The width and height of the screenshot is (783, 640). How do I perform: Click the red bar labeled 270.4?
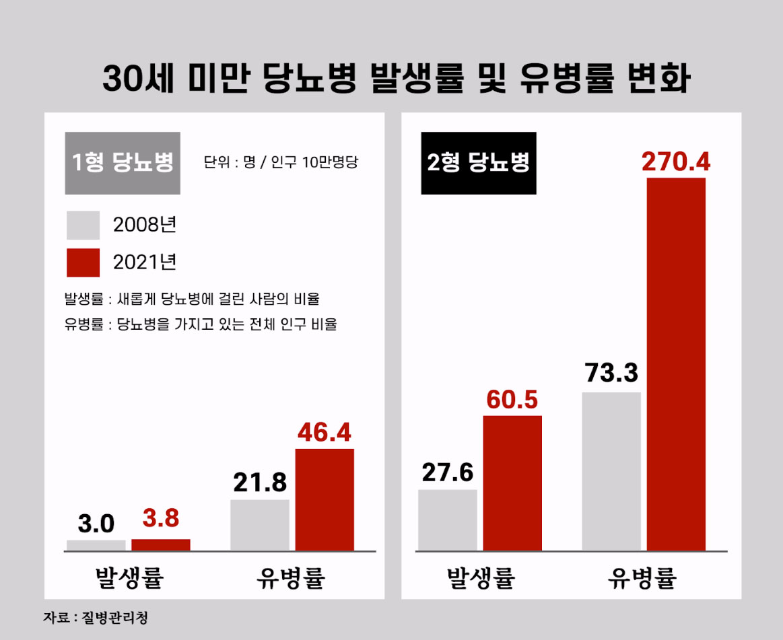point(676,364)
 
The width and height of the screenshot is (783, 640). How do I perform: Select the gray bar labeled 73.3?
point(611,471)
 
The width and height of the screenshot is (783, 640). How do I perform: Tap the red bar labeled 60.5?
point(512,483)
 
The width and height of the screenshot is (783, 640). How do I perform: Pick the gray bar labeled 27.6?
point(448,520)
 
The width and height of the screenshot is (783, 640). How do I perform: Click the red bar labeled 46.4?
point(325,499)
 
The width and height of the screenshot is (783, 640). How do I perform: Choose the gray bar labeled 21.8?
point(260,525)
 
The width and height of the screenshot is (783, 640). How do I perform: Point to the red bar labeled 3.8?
point(161,545)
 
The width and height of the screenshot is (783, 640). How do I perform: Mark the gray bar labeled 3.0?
point(96,546)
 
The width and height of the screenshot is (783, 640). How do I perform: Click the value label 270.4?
point(675,162)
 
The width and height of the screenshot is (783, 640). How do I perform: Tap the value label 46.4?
point(325,433)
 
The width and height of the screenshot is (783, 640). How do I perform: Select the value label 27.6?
point(448,473)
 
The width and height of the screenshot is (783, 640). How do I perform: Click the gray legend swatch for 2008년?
point(83,225)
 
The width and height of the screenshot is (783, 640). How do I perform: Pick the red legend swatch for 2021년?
point(83,262)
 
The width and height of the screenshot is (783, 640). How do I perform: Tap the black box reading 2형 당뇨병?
point(479,163)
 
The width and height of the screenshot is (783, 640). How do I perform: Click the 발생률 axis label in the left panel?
point(129,577)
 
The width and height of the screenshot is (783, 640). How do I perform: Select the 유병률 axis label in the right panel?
point(643,577)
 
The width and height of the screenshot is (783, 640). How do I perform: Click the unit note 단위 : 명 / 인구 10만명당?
point(280,163)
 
